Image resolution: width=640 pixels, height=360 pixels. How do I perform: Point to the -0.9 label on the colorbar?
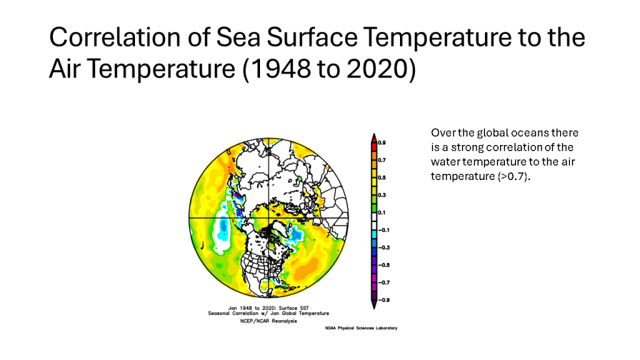382,301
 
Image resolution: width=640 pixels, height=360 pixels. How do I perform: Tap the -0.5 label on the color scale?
382,265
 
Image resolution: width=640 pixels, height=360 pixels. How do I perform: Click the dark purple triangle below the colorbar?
374,304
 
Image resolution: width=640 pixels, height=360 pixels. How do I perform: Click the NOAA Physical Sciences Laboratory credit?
361,328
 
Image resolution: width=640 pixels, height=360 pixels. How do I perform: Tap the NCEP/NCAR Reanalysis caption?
268,321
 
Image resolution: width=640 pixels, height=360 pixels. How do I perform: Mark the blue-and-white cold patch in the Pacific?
221,235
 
